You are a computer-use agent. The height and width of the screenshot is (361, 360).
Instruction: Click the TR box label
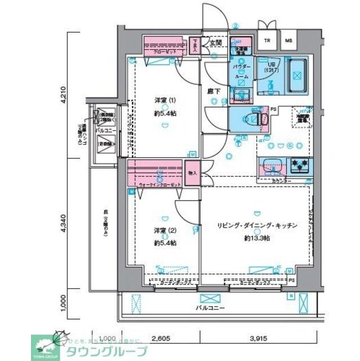[268, 41]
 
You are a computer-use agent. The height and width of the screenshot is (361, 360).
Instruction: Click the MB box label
[288, 41]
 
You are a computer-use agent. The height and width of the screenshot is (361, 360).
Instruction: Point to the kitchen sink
[273, 167]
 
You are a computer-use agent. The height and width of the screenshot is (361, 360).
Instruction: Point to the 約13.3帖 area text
[256, 238]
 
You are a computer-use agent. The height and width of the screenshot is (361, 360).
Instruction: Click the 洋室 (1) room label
[165, 100]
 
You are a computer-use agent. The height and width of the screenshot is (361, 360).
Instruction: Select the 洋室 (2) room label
[165, 230]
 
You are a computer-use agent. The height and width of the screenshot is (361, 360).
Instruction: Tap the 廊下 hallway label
[212, 90]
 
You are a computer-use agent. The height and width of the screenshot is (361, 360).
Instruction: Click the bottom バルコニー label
[210, 308]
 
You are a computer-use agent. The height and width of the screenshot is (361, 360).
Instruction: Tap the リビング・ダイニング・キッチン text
[256, 226]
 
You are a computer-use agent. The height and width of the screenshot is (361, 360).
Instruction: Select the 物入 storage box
[192, 173]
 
